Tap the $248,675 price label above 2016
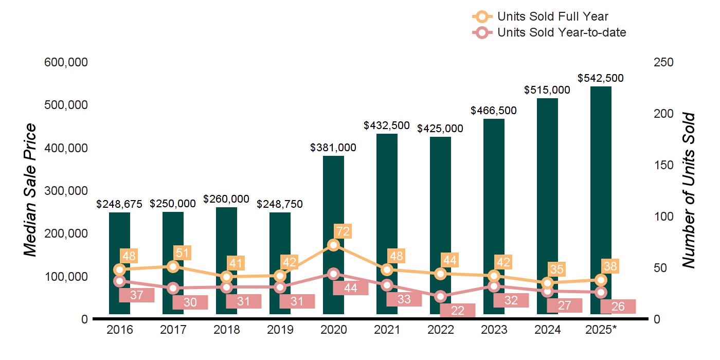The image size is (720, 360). click(x=119, y=204)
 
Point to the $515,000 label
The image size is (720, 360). click(x=547, y=90)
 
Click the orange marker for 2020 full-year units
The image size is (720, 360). click(x=333, y=245)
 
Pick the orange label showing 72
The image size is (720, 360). click(x=342, y=231)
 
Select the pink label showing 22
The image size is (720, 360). click(x=458, y=310)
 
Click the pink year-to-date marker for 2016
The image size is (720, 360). click(x=119, y=281)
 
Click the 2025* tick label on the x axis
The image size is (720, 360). click(x=601, y=330)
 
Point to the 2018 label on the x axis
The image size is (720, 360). click(x=226, y=330)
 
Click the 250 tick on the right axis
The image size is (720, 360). click(x=663, y=62)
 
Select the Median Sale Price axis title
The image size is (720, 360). click(x=31, y=190)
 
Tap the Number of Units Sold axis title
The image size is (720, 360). click(x=688, y=190)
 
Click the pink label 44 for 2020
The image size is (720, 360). click(x=351, y=288)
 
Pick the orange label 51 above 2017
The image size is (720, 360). click(x=182, y=253)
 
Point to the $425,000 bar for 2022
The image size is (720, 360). click(x=440, y=206)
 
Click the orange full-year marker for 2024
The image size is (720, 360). click(x=547, y=283)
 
